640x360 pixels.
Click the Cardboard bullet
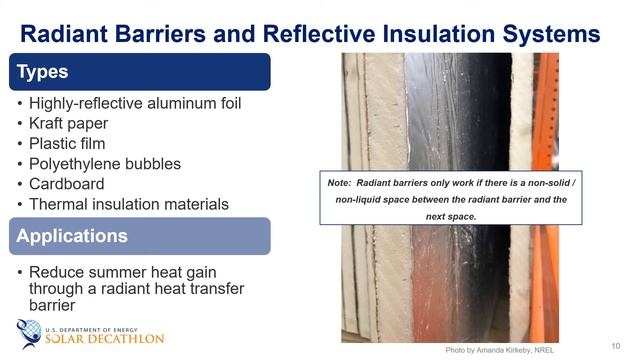coord(66,184)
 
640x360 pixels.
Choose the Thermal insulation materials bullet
coord(128,204)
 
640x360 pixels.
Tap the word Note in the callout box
coord(339,184)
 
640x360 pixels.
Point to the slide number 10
coord(615,345)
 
